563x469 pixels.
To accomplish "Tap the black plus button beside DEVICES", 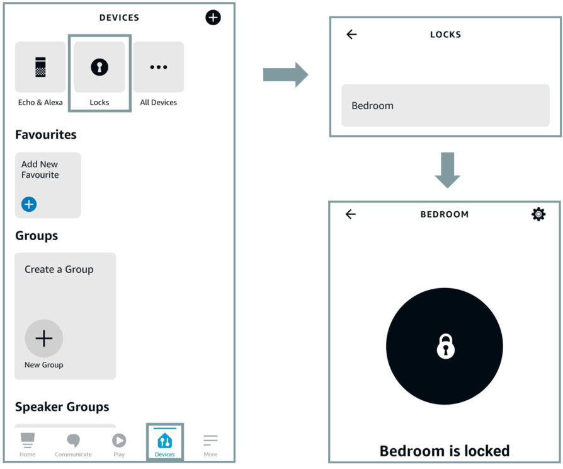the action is [213, 17].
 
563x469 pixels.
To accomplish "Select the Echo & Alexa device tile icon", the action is [40, 67].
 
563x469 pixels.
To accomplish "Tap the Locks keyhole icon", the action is [100, 67].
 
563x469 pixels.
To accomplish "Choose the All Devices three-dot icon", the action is [158, 67].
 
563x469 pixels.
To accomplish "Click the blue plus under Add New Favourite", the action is [29, 204].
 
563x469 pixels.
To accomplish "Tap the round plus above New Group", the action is [44, 338].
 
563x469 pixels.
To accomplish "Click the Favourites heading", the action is [45, 134].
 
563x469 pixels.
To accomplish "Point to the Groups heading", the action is [37, 236].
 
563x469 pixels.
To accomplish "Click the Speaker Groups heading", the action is [62, 407].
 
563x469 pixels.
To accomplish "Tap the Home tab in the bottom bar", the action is [27, 445].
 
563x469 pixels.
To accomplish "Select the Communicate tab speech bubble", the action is [73, 440].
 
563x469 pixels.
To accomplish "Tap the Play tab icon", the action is [119, 440].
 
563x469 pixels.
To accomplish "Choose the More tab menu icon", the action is [210, 440].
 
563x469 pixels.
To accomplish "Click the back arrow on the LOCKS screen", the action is [351, 34].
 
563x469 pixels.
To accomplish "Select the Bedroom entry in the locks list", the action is [445, 105].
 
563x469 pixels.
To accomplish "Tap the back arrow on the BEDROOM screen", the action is [350, 214].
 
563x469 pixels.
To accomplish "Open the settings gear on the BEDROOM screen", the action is [538, 214].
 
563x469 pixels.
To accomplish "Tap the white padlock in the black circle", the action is [446, 346].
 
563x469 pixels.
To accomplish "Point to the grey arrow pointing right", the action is [285, 75].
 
